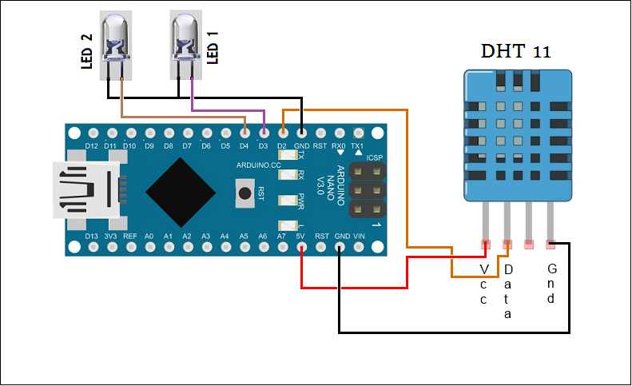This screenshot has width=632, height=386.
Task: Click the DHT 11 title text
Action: point(515,53)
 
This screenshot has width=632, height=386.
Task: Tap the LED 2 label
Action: point(87,52)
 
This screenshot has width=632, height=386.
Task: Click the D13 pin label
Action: point(91,237)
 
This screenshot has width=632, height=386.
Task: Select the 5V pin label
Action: point(300,237)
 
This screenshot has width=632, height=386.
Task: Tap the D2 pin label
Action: point(281,146)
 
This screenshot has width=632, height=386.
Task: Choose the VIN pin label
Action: point(359,237)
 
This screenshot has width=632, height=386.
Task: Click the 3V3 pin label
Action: point(110,237)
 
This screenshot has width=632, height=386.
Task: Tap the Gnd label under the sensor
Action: point(551,284)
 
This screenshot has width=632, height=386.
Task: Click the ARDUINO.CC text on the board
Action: point(257,165)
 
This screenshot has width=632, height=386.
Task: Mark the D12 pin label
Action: point(91,146)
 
